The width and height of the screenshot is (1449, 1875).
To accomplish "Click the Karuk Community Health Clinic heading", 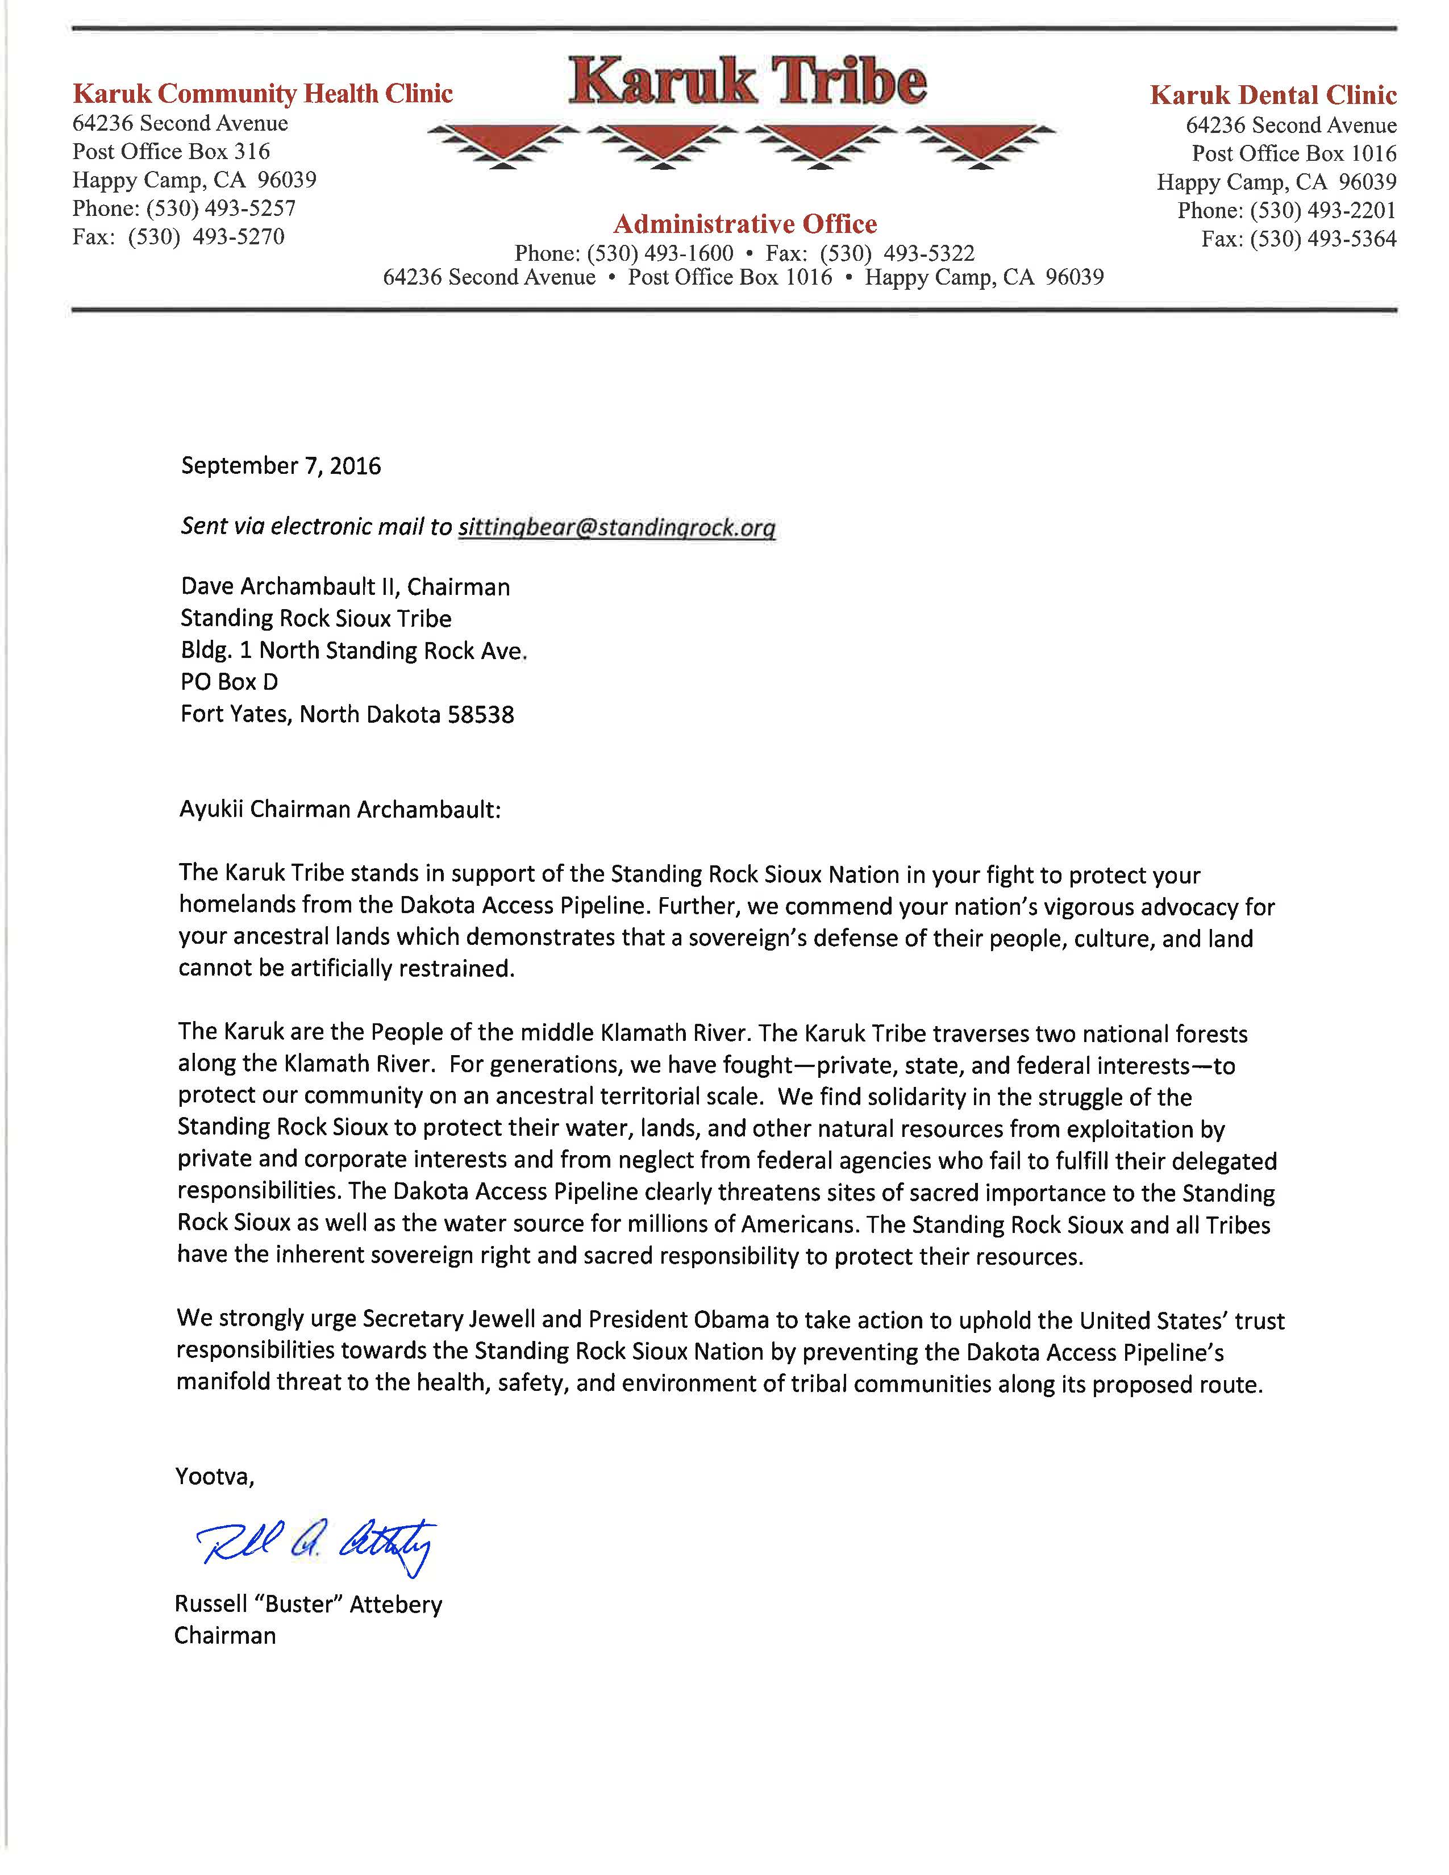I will [x=263, y=94].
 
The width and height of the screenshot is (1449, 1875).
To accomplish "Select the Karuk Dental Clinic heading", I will [x=1273, y=95].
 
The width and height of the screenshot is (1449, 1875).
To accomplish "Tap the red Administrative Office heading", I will [x=745, y=224].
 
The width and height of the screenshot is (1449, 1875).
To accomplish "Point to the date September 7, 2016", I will [x=281, y=466].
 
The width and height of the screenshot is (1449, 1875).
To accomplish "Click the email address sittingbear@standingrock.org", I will [x=617, y=527].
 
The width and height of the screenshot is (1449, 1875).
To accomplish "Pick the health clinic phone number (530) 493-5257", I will [x=220, y=209].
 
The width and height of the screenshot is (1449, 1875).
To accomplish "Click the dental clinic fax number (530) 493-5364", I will [x=1323, y=240].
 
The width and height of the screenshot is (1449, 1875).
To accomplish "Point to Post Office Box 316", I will [x=171, y=152].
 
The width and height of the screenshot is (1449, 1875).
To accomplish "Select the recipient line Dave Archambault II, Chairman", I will [x=345, y=587].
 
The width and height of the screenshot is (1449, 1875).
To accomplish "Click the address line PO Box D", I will [x=229, y=682].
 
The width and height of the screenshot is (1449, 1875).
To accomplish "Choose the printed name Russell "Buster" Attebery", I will [x=308, y=1605].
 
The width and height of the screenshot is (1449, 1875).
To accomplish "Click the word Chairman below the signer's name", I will [x=225, y=1635].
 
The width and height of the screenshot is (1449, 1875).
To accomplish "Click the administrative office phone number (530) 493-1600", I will [x=660, y=254].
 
